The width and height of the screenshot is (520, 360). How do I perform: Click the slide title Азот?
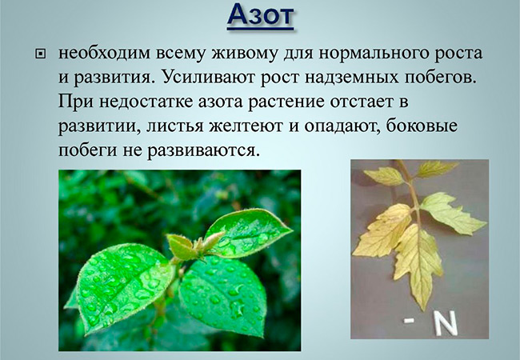tap(261, 15)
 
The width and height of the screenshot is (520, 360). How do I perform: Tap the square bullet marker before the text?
tap(41, 54)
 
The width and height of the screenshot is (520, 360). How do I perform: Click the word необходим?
tap(105, 53)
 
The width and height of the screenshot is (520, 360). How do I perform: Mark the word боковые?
tap(422, 126)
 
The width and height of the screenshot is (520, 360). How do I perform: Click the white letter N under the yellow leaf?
tap(446, 323)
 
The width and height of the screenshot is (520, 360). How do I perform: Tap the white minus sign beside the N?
tap(409, 321)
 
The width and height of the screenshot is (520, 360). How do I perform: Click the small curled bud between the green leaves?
tap(181, 246)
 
